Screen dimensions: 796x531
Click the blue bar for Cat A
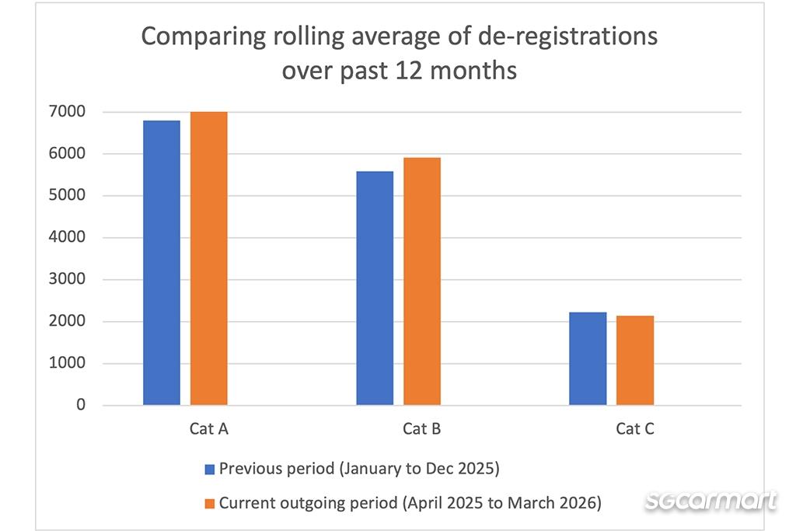pos(162,263)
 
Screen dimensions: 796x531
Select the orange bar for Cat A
pos(208,258)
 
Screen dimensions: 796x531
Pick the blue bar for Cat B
pos(375,288)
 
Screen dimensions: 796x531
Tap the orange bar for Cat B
pos(422,281)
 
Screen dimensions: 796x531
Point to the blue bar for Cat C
pos(588,358)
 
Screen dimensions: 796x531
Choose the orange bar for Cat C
pos(635,361)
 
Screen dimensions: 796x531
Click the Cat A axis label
pos(208,429)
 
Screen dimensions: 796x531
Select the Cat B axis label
pos(422,429)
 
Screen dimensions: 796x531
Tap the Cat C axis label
pos(635,429)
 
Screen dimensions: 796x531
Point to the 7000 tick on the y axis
pos(67,111)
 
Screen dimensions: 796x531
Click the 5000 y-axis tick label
pos(67,195)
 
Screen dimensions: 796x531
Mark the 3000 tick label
pos(67,278)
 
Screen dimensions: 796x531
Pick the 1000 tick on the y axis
pos(67,363)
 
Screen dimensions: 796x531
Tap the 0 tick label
pos(81,404)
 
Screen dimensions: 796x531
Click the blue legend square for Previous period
pos(210,469)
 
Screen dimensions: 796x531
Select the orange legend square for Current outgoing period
pos(210,504)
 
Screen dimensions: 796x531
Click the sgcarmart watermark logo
pos(710,501)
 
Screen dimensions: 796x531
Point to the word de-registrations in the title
pos(567,37)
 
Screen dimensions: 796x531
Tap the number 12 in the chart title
pos(408,71)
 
